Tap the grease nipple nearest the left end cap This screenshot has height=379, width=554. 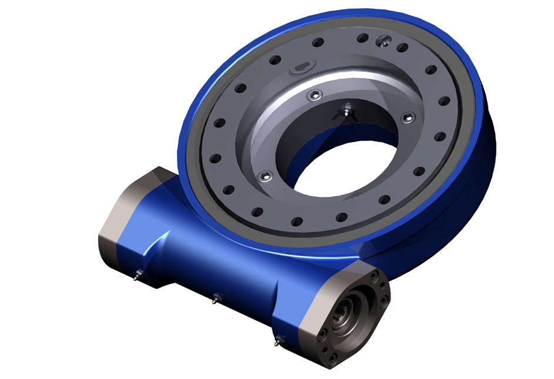(x=136, y=274)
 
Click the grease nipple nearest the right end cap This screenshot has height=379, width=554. (x=278, y=340)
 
